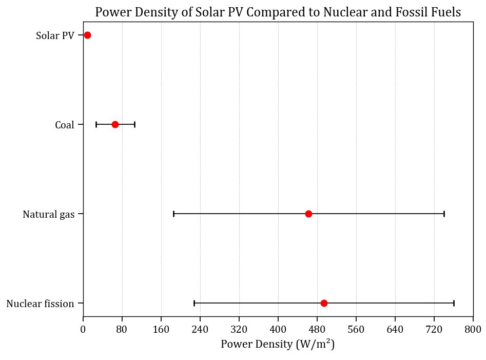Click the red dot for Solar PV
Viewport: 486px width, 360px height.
pyautogui.click(x=87, y=35)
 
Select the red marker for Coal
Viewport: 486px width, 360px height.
pyautogui.click(x=115, y=124)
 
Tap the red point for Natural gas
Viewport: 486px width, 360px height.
pyautogui.click(x=308, y=214)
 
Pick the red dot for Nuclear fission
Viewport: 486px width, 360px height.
pyautogui.click(x=324, y=303)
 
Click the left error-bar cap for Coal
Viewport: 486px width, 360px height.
pyautogui.click(x=96, y=124)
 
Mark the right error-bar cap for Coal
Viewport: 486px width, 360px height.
pyautogui.click(x=134, y=124)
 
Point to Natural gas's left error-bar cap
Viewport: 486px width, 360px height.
pyautogui.click(x=173, y=214)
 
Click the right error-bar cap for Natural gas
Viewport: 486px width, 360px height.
pyautogui.click(x=444, y=214)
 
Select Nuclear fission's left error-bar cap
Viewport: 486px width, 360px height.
pyautogui.click(x=194, y=303)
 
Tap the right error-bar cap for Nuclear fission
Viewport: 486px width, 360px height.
pyautogui.click(x=454, y=303)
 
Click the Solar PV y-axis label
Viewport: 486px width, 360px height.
pyautogui.click(x=55, y=35)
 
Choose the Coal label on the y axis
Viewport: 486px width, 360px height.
pyautogui.click(x=65, y=125)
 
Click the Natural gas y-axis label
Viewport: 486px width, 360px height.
pyautogui.click(x=48, y=214)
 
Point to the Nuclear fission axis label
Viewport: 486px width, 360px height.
pyautogui.click(x=40, y=304)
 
